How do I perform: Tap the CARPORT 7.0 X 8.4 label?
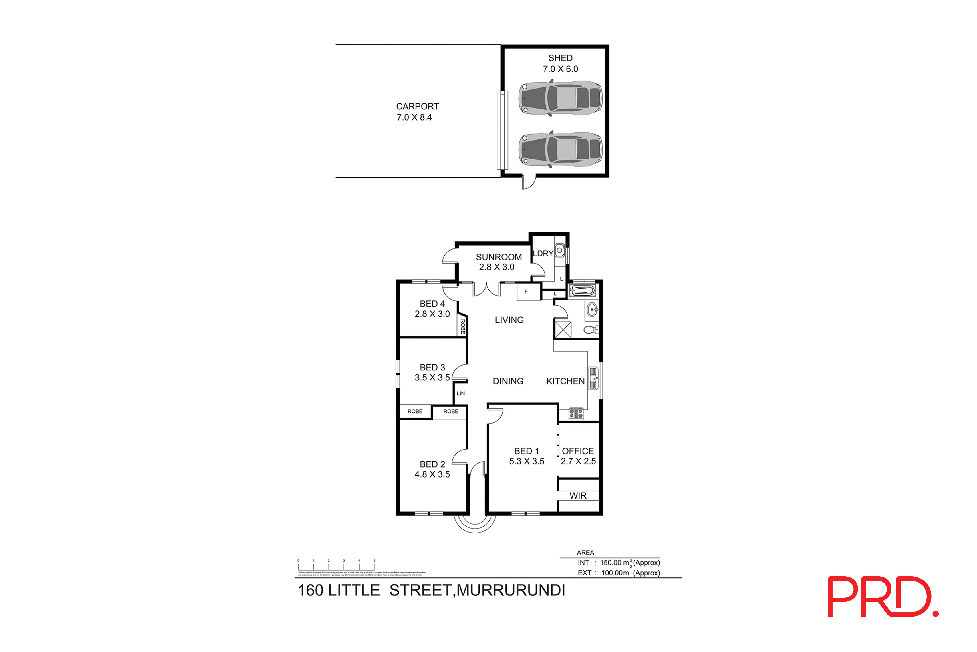[417, 112]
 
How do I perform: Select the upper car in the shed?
[560, 98]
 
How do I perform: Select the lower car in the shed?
[560, 149]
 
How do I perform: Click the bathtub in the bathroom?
[582, 290]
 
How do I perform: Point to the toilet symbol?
[591, 330]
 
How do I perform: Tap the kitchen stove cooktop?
[576, 413]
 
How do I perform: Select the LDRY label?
[543, 253]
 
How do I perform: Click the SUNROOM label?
[499, 257]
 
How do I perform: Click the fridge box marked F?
[526, 292]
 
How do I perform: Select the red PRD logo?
[882, 596]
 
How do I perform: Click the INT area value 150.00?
[610, 563]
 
